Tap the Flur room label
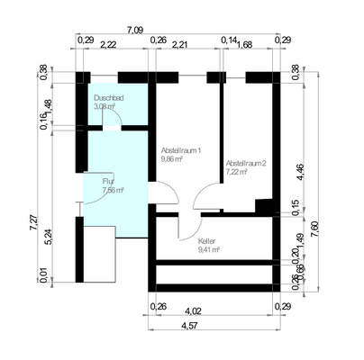coord(109,182)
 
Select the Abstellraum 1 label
coord(180,149)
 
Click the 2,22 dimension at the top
coord(114,43)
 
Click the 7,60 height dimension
coord(314,229)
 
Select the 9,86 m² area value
coord(172,158)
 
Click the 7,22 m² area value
coord(236,171)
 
